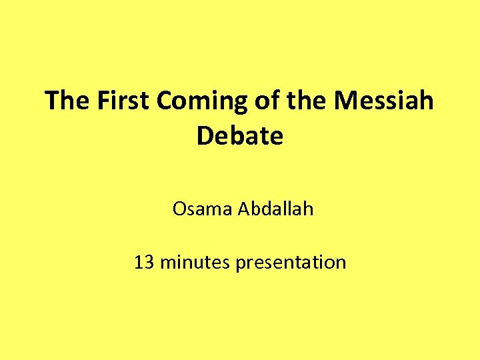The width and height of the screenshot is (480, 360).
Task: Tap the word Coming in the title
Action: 203,102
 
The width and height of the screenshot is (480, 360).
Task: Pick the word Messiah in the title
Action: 384,101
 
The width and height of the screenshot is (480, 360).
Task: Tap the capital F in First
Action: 104,101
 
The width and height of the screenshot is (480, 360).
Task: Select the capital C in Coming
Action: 167,101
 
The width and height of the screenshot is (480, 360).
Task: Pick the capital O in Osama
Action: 179,209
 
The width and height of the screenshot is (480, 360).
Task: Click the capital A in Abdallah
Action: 243,209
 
